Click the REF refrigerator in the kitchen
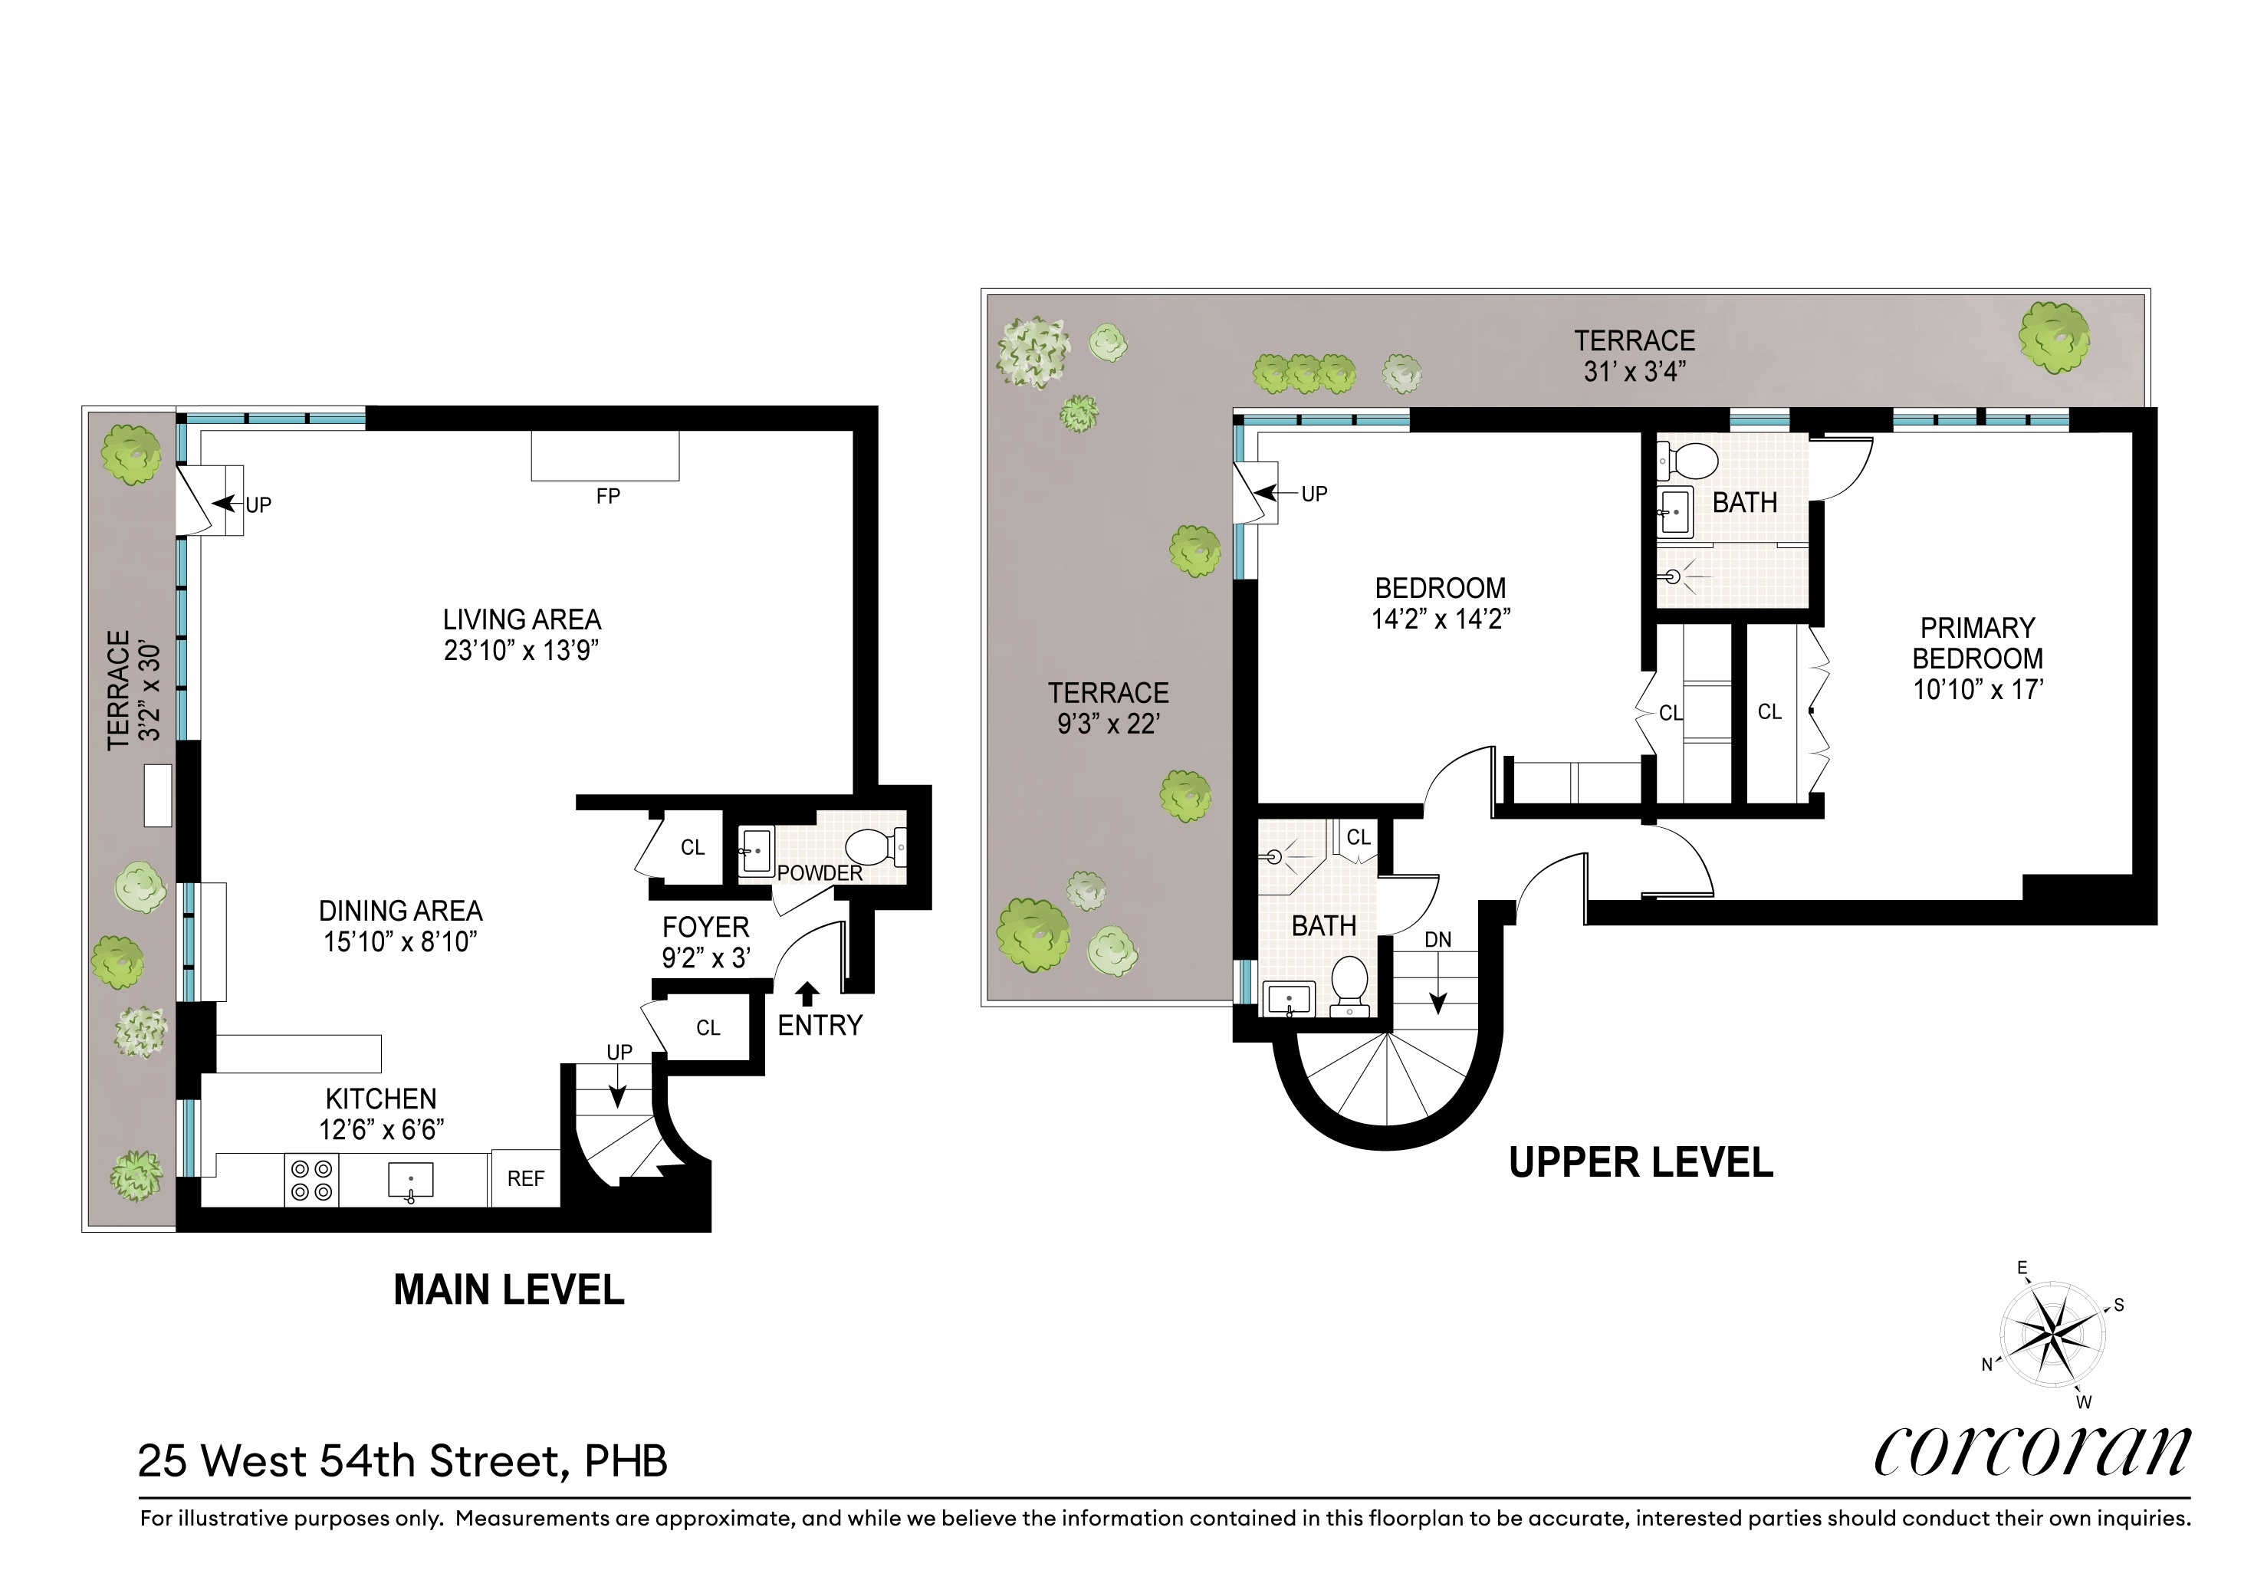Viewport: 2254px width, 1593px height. point(525,1178)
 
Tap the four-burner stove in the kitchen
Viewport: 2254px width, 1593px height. point(311,1180)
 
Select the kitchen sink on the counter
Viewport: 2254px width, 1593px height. point(410,1181)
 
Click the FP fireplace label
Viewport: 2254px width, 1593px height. point(608,497)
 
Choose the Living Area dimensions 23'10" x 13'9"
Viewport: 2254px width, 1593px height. point(521,651)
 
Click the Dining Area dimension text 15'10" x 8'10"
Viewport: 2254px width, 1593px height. point(400,942)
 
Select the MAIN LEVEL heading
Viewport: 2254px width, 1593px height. point(508,1289)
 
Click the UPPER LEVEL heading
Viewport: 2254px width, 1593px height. point(1641,1163)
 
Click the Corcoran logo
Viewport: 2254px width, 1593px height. point(2032,1450)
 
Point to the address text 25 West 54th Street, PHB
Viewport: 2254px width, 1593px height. point(402,1460)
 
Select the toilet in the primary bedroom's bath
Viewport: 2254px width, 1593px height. point(1687,458)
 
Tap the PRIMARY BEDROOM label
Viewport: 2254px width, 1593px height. point(1977,643)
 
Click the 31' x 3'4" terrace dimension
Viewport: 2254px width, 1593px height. point(1635,371)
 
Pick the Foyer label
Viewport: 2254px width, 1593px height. point(705,928)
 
